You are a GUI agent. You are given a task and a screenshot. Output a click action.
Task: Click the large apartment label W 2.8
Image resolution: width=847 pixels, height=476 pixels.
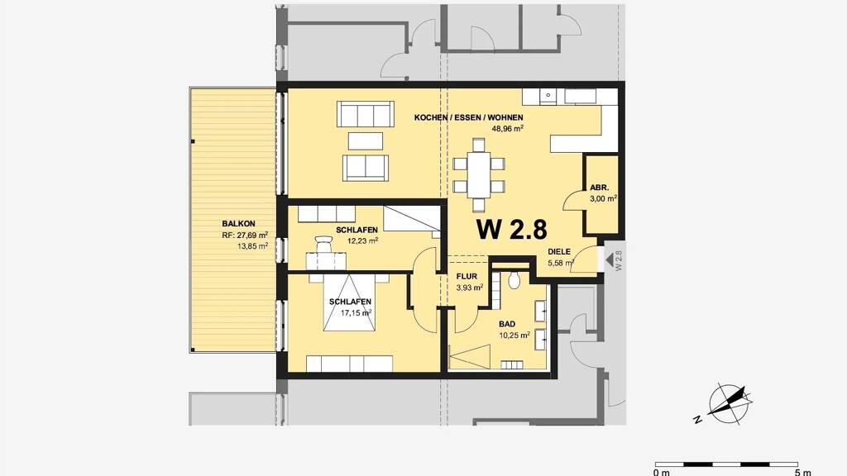pyautogui.click(x=511, y=230)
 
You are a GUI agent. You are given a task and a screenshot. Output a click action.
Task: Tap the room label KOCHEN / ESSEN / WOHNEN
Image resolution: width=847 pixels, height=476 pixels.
pyautogui.click(x=468, y=117)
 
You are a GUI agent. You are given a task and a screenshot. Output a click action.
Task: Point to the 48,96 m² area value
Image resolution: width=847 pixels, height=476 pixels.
pyautogui.click(x=507, y=128)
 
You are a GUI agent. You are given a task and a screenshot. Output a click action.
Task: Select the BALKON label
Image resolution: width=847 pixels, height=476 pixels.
pyautogui.click(x=238, y=223)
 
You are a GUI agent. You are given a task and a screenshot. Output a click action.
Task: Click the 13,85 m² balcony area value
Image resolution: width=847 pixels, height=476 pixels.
pyautogui.click(x=252, y=246)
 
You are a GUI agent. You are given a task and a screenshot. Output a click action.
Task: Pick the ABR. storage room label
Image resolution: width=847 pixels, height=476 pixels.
pyautogui.click(x=599, y=188)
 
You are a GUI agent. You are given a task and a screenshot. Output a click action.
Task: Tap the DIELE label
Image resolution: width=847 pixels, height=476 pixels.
pyautogui.click(x=559, y=252)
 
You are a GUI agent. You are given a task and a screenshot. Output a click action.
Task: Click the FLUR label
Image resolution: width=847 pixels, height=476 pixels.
pyautogui.click(x=467, y=276)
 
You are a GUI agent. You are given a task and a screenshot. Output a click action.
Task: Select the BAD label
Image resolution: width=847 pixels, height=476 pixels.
pyautogui.click(x=507, y=324)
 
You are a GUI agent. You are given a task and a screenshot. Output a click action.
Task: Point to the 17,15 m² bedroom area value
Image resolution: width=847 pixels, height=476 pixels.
pyautogui.click(x=356, y=312)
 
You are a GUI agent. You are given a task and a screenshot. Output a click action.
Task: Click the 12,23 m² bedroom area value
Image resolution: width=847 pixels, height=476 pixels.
pyautogui.click(x=362, y=240)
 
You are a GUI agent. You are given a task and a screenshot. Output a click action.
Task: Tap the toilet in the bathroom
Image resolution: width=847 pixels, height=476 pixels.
pyautogui.click(x=514, y=279)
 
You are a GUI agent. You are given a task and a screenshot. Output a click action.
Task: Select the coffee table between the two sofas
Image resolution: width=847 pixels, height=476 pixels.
pyautogui.click(x=365, y=141)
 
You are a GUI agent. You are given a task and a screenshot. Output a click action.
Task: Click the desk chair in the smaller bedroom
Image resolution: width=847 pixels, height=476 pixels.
pyautogui.click(x=323, y=244)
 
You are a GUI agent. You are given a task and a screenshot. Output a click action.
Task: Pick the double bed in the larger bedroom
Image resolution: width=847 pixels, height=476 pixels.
pyautogui.click(x=349, y=302)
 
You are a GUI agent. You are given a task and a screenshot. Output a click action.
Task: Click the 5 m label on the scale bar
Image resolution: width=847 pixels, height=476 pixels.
pyautogui.click(x=802, y=472)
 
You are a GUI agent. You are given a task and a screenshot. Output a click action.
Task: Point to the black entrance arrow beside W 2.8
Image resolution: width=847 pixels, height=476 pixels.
pyautogui.click(x=610, y=260)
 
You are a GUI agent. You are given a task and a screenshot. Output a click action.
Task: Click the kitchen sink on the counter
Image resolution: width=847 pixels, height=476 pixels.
pyautogui.click(x=548, y=97)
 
